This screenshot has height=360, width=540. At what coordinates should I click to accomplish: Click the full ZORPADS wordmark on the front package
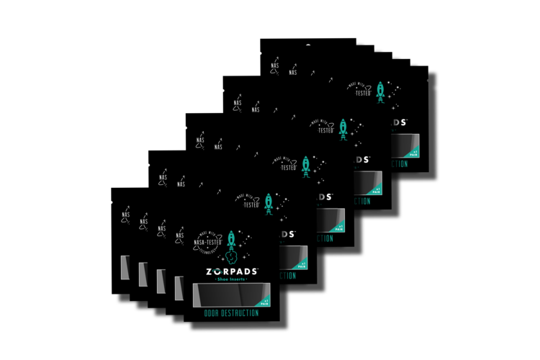[231, 272]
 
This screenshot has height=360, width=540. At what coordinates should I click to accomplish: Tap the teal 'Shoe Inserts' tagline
[231, 282]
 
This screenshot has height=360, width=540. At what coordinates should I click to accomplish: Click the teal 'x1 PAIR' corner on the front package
[265, 300]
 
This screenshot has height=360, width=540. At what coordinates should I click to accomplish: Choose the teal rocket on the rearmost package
[380, 91]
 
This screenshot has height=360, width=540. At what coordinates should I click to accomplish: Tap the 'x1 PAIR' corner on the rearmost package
[413, 151]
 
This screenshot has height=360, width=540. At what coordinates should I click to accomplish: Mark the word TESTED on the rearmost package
[362, 93]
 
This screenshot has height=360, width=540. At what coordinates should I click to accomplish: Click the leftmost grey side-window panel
[125, 266]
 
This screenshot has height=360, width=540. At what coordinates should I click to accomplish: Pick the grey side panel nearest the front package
[179, 288]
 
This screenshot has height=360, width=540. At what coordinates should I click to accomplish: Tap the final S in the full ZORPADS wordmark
[254, 272]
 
